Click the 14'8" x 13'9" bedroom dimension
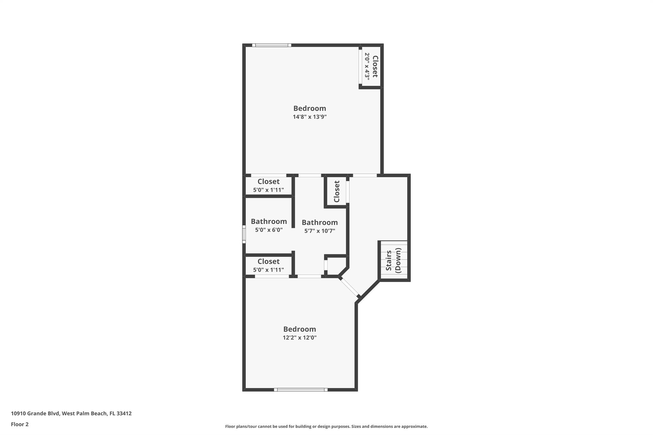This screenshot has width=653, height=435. tap(310, 117)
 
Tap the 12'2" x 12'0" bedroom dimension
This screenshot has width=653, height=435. tap(299, 338)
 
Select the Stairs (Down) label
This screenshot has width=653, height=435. tap(393, 260)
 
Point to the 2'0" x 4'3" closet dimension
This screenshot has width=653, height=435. tap(367, 66)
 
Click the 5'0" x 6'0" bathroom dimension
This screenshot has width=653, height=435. tap(269, 230)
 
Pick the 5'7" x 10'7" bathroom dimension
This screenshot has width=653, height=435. tap(319, 231)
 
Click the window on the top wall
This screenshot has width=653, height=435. tap(272, 45)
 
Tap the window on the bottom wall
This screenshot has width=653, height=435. tap(301, 389)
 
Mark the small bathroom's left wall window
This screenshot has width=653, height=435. tap(244, 234)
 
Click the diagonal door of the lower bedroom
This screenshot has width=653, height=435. tap(350, 287)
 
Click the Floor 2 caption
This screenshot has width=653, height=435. tap(20, 424)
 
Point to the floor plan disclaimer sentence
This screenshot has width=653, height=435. tap(326, 426)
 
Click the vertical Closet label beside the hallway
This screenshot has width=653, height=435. tap(337, 192)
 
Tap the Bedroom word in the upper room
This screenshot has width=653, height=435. tap(310, 108)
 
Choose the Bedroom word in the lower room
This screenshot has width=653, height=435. tap(299, 329)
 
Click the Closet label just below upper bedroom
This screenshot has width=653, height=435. tap(268, 182)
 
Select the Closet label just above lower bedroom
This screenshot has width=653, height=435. tap(268, 262)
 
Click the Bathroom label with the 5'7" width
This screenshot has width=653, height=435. tap(319, 222)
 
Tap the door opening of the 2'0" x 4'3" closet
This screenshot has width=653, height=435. tap(360, 67)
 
